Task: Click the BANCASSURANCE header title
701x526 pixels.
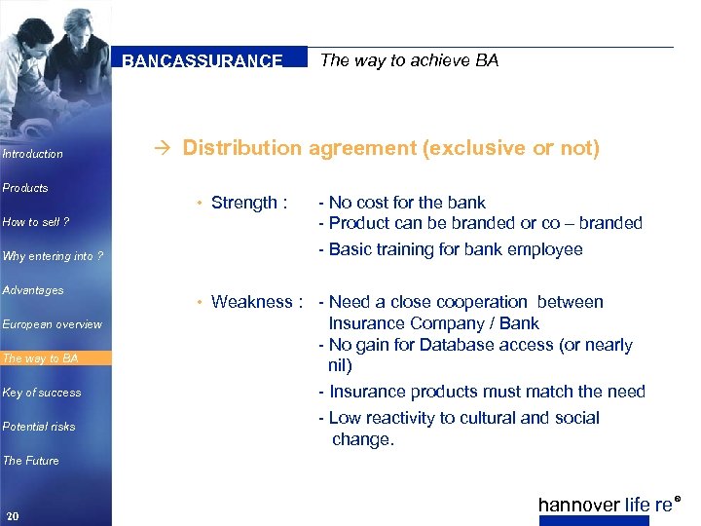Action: point(203,60)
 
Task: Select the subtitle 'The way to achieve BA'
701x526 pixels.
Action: point(409,60)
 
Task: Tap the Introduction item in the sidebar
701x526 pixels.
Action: point(33,154)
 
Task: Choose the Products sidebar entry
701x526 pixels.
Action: point(25,188)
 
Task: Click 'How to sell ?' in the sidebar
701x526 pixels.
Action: point(36,222)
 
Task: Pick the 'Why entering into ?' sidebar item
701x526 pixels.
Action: point(53,256)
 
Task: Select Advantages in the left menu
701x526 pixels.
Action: point(33,290)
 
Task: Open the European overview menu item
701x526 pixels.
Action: point(52,324)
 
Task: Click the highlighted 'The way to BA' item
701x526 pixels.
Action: point(41,358)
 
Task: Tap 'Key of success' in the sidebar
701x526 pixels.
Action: point(42,393)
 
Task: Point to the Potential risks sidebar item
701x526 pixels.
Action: point(39,427)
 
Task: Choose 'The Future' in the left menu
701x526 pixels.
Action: point(31,461)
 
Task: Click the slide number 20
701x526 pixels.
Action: point(12,515)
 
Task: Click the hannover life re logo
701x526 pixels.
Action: point(606,505)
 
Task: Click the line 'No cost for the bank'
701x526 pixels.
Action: point(407,203)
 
